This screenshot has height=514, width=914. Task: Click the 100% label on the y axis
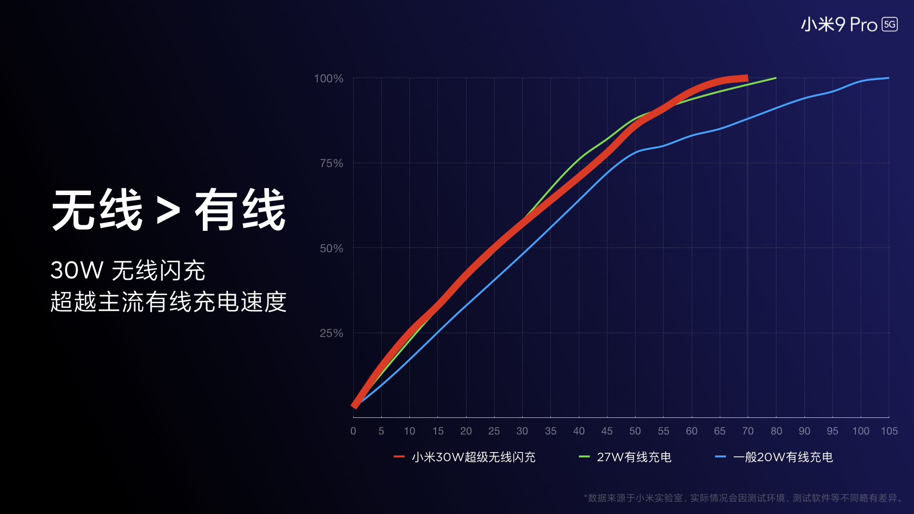click(328, 79)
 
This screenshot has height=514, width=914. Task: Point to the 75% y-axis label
click(331, 163)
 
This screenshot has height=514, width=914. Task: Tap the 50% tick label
click(331, 248)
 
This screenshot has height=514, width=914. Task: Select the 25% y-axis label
click(331, 333)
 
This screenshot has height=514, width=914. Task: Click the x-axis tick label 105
click(889, 431)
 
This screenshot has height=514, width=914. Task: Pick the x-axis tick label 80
click(776, 431)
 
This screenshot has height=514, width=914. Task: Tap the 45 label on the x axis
click(606, 431)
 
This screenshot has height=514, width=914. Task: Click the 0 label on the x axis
click(353, 431)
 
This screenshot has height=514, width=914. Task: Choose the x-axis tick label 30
click(522, 431)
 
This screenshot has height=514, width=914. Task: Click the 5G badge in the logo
click(889, 24)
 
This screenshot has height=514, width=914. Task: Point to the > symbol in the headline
click(169, 211)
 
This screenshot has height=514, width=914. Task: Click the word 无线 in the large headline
click(97, 210)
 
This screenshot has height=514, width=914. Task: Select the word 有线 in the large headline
click(240, 210)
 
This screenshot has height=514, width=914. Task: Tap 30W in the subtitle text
click(77, 270)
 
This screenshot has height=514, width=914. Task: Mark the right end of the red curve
click(746, 78)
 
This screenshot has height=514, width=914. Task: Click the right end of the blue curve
click(888, 78)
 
